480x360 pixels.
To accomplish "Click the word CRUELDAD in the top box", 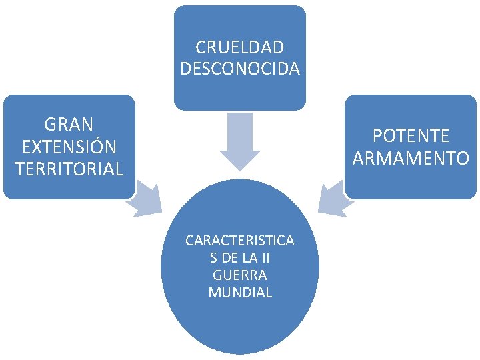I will tap(240, 48).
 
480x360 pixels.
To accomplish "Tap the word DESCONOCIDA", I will tap(240, 69).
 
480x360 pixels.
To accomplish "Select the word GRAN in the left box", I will tap(69, 124).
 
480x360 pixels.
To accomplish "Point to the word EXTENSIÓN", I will tap(69, 147).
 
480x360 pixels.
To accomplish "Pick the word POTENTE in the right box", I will tap(411, 136).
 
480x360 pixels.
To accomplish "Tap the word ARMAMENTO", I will tap(411, 159).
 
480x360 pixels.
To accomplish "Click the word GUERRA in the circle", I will tap(240, 275).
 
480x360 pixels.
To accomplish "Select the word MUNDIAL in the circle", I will tap(240, 292).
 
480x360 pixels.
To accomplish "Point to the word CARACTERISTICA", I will tap(240, 240).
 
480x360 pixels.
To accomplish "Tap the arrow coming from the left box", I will tap(147, 201).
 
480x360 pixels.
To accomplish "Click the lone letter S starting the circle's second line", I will tap(213, 257).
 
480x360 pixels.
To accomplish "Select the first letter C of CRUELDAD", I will tap(201, 48).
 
